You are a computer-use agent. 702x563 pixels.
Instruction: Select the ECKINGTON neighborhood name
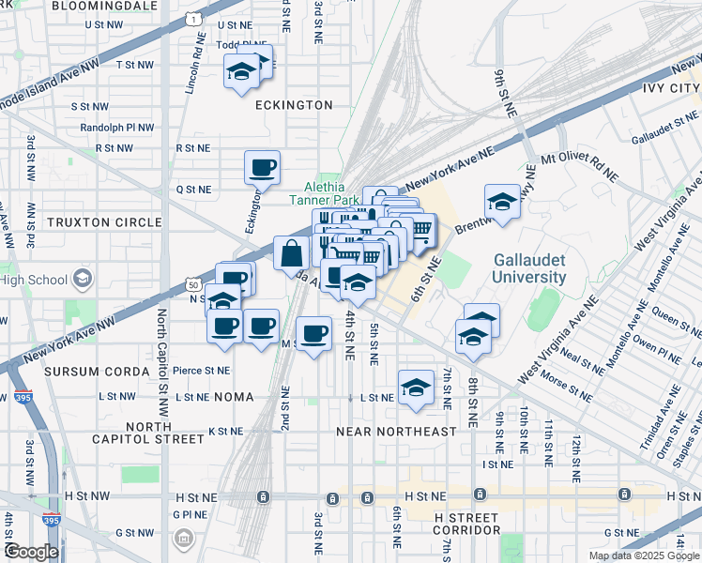[295, 105]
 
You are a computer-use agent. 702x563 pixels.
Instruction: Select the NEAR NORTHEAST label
[396, 432]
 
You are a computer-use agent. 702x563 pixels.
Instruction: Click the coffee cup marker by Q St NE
[262, 168]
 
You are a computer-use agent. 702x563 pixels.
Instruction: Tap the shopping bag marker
[291, 253]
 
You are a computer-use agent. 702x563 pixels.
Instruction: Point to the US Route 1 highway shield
[191, 18]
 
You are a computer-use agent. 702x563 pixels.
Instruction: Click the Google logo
[31, 551]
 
